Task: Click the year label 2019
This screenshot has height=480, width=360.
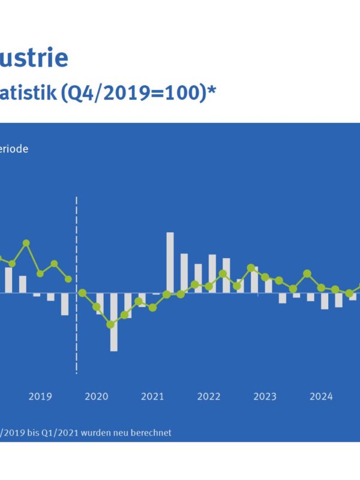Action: coord(40,397)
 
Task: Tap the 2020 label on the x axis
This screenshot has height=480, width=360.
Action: coord(97,397)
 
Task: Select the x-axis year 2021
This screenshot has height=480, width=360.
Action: coord(152,397)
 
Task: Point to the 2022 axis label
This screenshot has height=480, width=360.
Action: coord(209,397)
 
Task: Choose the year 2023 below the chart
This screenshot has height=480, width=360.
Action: coord(265,397)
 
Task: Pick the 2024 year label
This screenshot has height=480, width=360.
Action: coord(321,397)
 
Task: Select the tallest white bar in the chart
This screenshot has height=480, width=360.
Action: coord(170,262)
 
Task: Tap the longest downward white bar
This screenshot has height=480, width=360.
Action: coord(113,322)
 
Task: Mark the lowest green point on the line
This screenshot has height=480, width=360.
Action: coord(110,325)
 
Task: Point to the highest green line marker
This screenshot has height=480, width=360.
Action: coord(26,243)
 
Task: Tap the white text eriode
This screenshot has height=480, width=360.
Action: coord(14,149)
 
